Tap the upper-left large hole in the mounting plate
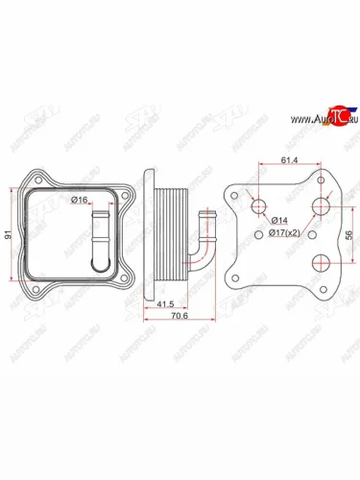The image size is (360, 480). [258, 205]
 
